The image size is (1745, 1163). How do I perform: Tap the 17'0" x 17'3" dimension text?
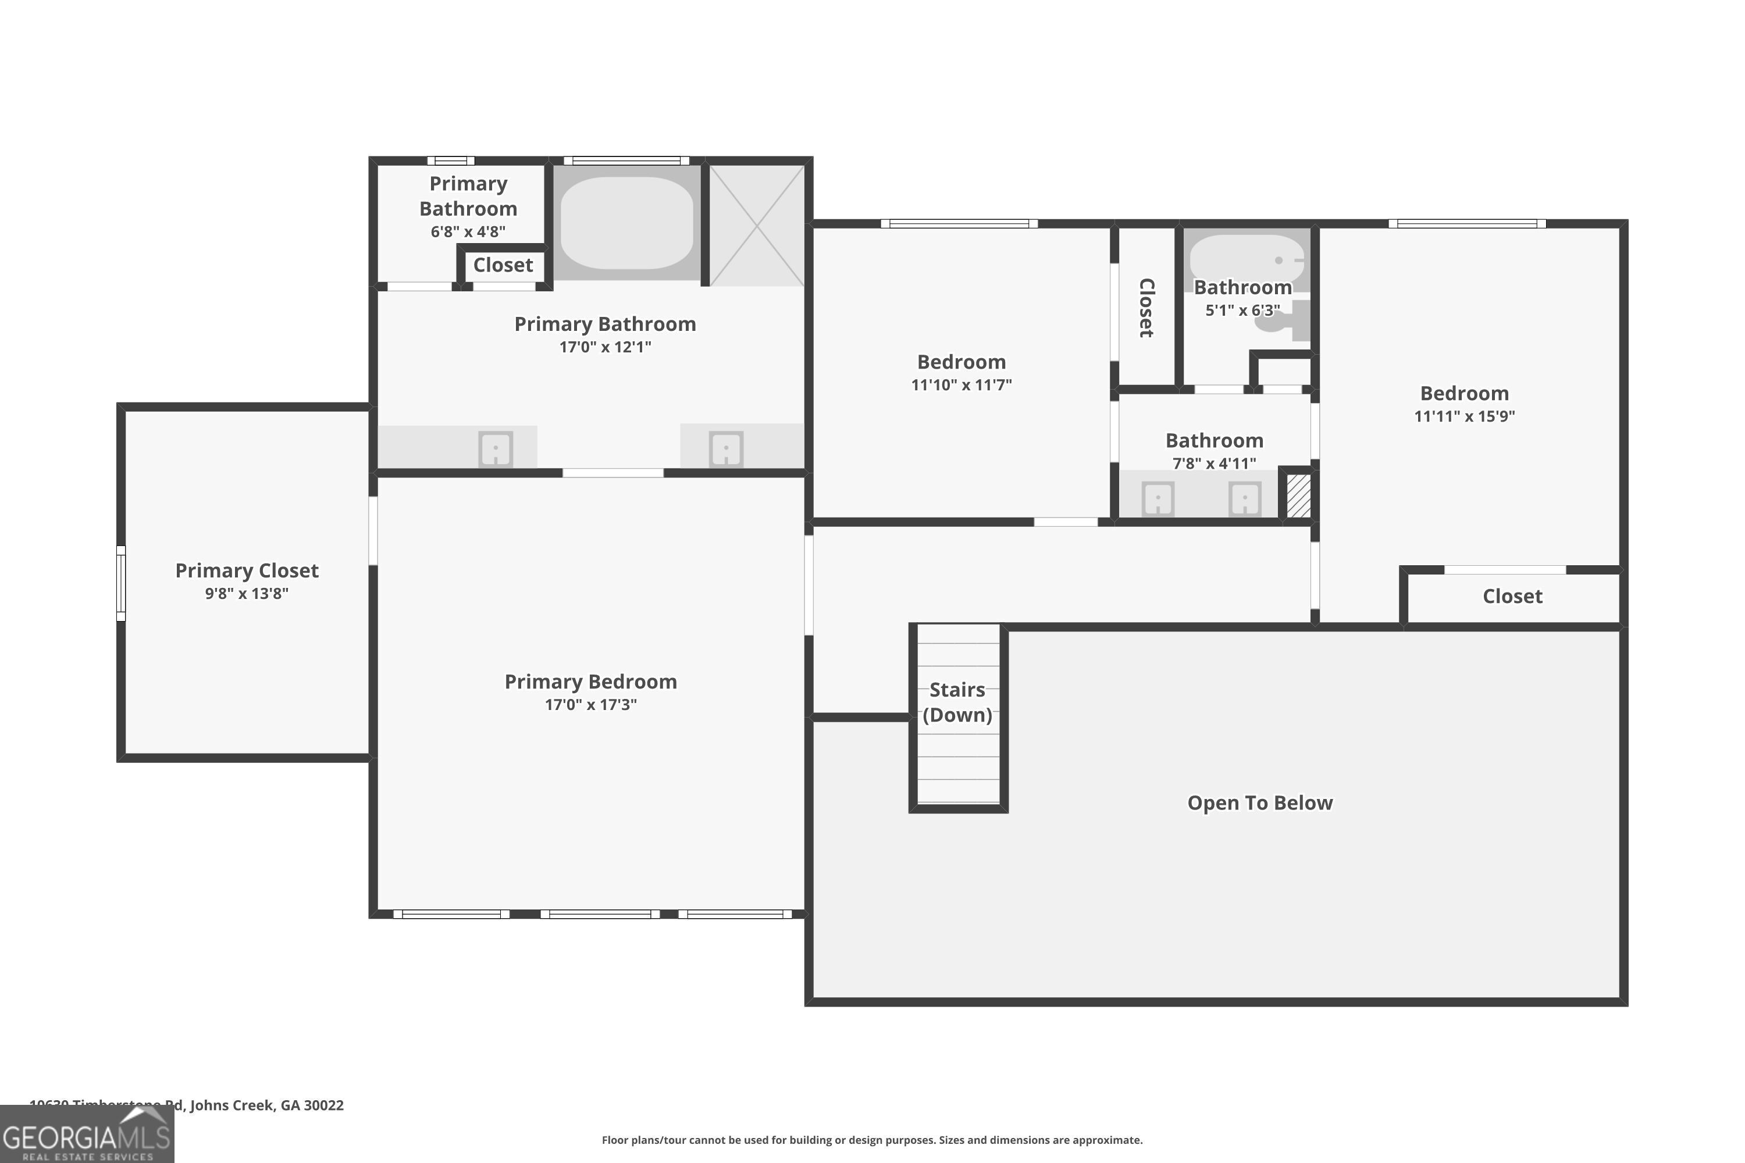pyautogui.click(x=590, y=705)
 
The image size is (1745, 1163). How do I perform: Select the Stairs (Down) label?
pyautogui.click(x=957, y=702)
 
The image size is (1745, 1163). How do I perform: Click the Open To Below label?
pyautogui.click(x=1260, y=802)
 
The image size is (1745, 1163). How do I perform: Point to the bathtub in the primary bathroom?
pyautogui.click(x=627, y=223)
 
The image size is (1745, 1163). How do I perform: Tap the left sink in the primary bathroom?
pyautogui.click(x=496, y=449)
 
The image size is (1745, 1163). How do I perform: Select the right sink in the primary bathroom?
pyautogui.click(x=725, y=449)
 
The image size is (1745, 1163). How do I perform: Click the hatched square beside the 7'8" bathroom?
pyautogui.click(x=1298, y=495)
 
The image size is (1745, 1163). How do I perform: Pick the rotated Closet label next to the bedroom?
pyautogui.click(x=1146, y=308)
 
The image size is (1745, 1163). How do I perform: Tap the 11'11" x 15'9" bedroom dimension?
pyautogui.click(x=1464, y=416)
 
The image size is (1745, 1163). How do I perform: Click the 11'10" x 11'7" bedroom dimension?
pyautogui.click(x=961, y=385)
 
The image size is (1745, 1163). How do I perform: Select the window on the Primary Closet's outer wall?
pyautogui.click(x=121, y=583)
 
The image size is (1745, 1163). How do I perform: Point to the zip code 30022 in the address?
pyautogui.click(x=323, y=1105)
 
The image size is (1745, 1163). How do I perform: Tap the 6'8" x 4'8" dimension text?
pyautogui.click(x=468, y=231)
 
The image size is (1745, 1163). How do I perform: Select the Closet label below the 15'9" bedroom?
pyautogui.click(x=1512, y=597)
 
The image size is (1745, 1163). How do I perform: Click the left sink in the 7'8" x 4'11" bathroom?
pyautogui.click(x=1158, y=498)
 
